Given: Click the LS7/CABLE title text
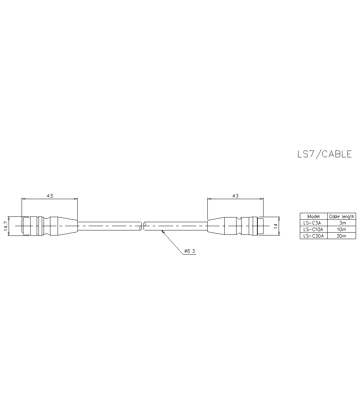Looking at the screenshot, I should click(324, 154).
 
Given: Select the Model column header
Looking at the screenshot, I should click(314, 216).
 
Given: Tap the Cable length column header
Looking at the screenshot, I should click(342, 216).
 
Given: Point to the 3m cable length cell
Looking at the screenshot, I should click(342, 223).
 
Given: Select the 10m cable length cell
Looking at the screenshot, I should click(342, 229).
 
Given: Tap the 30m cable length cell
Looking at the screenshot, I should click(342, 236).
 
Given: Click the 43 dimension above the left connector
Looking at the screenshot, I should click(50, 196).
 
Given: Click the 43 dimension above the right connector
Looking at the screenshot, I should click(235, 196).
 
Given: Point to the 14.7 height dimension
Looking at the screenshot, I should click(6, 226).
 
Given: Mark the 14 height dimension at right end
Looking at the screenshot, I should click(275, 226).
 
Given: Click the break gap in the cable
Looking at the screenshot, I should click(143, 226).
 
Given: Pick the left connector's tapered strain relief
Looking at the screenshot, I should click(64, 226).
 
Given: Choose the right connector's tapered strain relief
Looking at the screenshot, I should click(216, 226).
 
